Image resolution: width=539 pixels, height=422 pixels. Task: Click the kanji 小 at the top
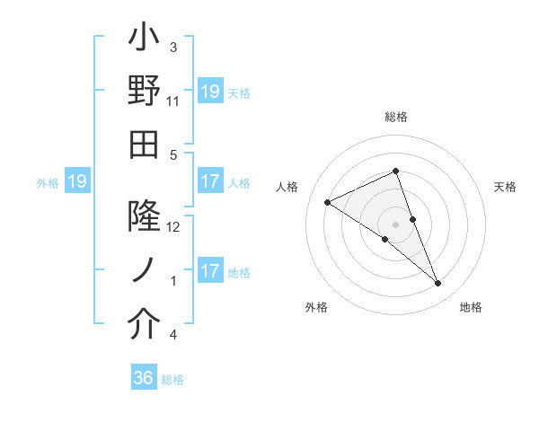(145, 40)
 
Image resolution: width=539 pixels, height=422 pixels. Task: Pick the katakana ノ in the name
(145, 270)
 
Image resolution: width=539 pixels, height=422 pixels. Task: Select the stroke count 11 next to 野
(173, 101)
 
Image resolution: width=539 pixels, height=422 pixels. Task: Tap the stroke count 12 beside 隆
(173, 227)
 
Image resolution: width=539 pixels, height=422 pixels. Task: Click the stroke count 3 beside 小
(173, 48)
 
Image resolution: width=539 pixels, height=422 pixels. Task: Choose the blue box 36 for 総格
(144, 378)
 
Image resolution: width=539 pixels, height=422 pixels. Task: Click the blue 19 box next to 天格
(209, 91)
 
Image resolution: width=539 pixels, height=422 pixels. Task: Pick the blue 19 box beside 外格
(76, 182)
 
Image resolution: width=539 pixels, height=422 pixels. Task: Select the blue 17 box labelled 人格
(209, 181)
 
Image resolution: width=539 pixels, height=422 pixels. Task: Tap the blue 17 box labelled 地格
(209, 271)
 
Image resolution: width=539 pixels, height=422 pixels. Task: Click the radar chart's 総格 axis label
(396, 118)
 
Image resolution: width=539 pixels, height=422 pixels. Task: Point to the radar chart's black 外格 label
(316, 307)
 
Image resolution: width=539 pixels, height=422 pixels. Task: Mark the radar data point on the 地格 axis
(438, 284)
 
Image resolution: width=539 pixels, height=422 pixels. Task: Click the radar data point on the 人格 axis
(327, 202)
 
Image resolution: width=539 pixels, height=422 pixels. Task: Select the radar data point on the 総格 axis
(396, 171)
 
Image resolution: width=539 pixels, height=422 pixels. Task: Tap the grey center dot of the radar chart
(396, 224)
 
